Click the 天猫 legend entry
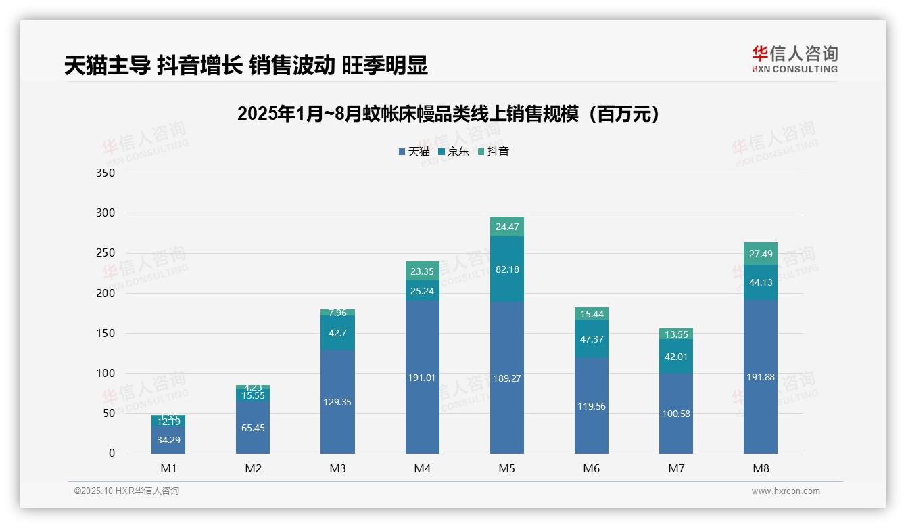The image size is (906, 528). coord(414,152)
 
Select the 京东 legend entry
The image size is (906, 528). coord(454,152)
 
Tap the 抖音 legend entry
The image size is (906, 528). coord(493,152)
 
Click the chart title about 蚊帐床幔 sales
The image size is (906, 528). coord(448,114)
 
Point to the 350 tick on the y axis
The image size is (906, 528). coord(106,173)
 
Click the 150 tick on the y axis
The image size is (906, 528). coord(106,333)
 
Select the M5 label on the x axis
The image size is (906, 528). coord(507,468)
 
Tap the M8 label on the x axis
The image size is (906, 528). coord(761,468)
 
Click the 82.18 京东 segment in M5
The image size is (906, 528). coord(507,269)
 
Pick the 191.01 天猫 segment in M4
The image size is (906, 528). coord(422,378)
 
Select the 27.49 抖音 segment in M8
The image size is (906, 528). coord(761,254)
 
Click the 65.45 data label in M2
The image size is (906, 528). coord(253,428)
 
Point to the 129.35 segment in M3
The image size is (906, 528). coord(337,402)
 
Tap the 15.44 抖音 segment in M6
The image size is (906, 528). coord(592,314)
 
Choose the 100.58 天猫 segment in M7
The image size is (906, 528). coord(676,414)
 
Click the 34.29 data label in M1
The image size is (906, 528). coord(168,440)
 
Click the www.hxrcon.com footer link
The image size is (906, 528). coord(786,491)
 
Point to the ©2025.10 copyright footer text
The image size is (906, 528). coord(126,491)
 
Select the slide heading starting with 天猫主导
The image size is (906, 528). coord(246,66)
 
